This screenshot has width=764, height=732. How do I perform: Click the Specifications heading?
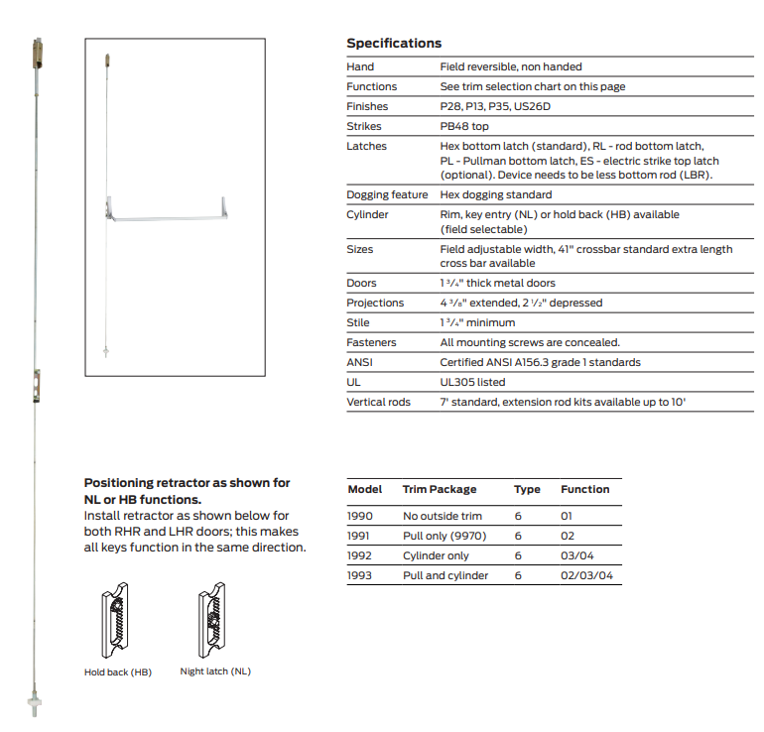coord(394,44)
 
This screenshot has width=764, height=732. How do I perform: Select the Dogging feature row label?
coord(387,194)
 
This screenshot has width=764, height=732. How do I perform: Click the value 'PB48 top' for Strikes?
coord(464,126)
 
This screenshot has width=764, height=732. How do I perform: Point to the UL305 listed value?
coord(472,382)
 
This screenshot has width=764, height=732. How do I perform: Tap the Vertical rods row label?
coord(378,402)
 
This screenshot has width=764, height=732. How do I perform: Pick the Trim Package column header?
coord(439,489)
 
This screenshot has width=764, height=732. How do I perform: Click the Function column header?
coord(584,489)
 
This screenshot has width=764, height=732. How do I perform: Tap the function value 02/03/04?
coord(586,575)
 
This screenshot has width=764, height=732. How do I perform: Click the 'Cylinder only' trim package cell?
coord(436,555)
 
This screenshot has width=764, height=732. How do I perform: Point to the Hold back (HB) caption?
coord(117,671)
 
